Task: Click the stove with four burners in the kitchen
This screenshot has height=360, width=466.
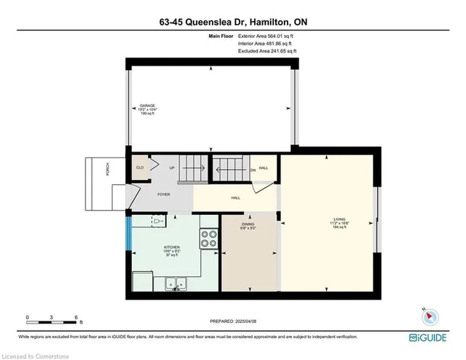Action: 209,240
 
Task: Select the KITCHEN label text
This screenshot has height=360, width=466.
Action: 172,247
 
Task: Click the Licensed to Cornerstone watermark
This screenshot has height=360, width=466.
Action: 33,355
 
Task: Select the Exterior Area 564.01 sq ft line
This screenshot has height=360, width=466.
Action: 269,34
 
